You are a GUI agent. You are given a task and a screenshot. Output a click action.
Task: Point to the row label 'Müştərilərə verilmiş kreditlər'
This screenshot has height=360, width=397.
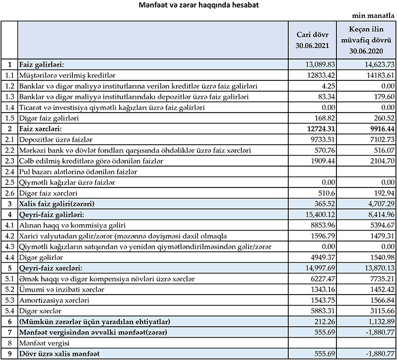pyautogui.click(x=67, y=75)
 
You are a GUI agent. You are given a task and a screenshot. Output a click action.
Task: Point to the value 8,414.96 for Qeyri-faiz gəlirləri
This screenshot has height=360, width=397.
pyautogui.click(x=380, y=215)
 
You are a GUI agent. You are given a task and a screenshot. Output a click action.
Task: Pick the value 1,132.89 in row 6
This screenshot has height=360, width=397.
pyautogui.click(x=380, y=322)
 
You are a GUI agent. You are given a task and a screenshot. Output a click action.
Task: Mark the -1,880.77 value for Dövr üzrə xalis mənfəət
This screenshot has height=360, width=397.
pyautogui.click(x=379, y=354)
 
